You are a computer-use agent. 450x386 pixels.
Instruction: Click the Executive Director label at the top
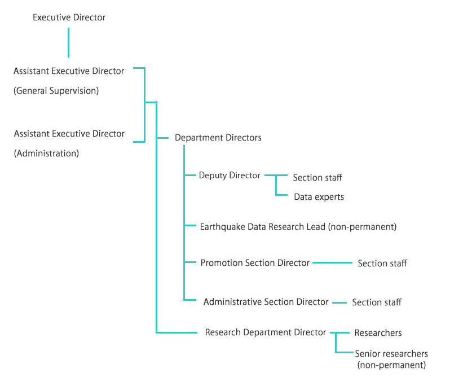tap(69, 17)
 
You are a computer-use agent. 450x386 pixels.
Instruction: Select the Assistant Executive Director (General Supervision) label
tap(69, 71)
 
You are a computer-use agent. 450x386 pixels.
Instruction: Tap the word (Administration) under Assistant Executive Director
tap(46, 153)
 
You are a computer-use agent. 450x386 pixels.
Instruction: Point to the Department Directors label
tap(218, 138)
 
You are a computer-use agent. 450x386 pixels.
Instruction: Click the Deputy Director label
tap(230, 176)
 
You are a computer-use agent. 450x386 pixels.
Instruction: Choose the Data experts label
tap(319, 197)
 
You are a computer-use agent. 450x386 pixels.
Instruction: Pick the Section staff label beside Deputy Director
tap(317, 178)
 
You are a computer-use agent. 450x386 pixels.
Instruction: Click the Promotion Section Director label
tap(255, 263)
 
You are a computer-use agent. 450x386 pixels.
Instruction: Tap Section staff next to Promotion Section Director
tap(382, 264)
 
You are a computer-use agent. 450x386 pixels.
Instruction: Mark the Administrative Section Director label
tap(266, 302)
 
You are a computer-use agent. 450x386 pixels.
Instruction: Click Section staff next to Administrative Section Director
tap(377, 302)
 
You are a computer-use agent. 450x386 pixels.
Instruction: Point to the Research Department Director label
tap(265, 332)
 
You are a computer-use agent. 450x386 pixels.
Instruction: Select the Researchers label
tap(378, 333)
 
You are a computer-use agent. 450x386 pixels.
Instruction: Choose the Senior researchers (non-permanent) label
tap(391, 359)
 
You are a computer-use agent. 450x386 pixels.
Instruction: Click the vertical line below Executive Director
tap(69, 42)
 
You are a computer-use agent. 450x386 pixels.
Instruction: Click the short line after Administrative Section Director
tap(339, 302)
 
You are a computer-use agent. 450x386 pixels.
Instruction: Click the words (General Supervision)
tap(56, 91)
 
